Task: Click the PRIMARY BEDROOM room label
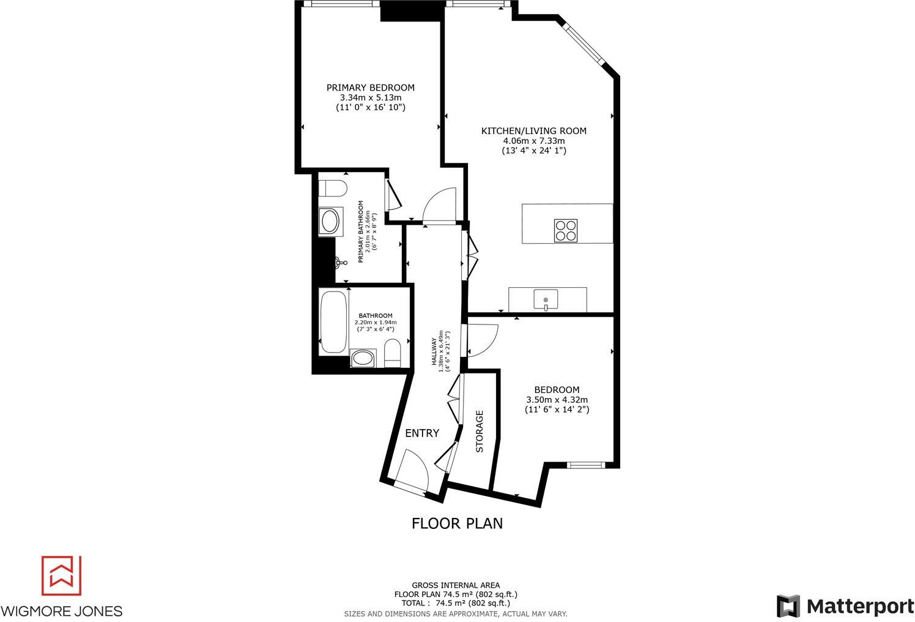(370, 88)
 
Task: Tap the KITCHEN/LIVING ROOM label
(533, 130)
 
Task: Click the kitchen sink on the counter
(546, 300)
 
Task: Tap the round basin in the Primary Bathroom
(331, 221)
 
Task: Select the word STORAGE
(480, 431)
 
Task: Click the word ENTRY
(422, 433)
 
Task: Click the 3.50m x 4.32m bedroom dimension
(557, 400)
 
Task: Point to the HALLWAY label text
(435, 352)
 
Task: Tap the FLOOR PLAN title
(457, 523)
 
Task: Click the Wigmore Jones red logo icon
(61, 575)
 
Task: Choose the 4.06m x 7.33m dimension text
(533, 141)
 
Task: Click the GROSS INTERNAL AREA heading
(456, 585)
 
